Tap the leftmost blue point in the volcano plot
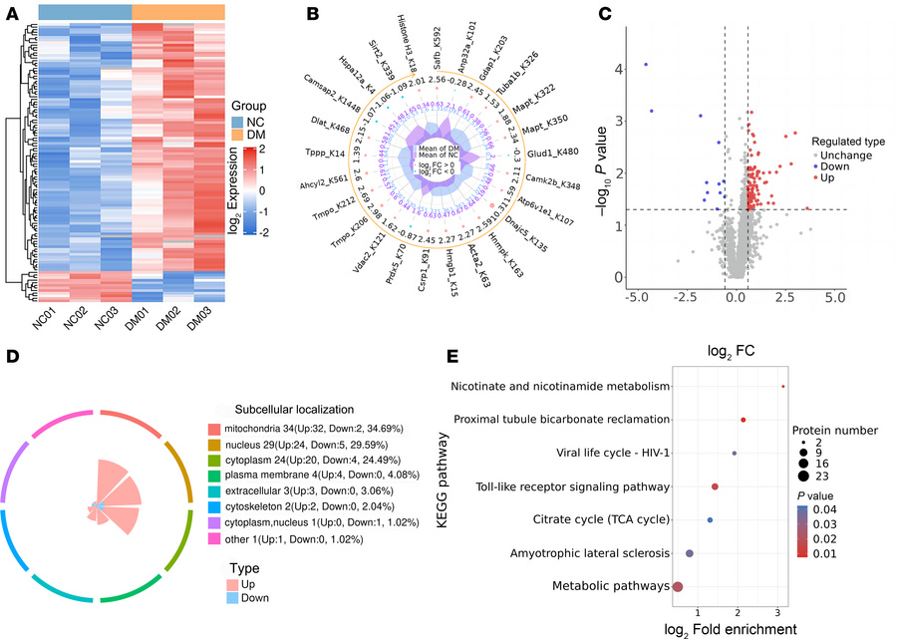646,65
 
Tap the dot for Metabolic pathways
678,587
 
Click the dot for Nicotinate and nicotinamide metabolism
783,386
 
